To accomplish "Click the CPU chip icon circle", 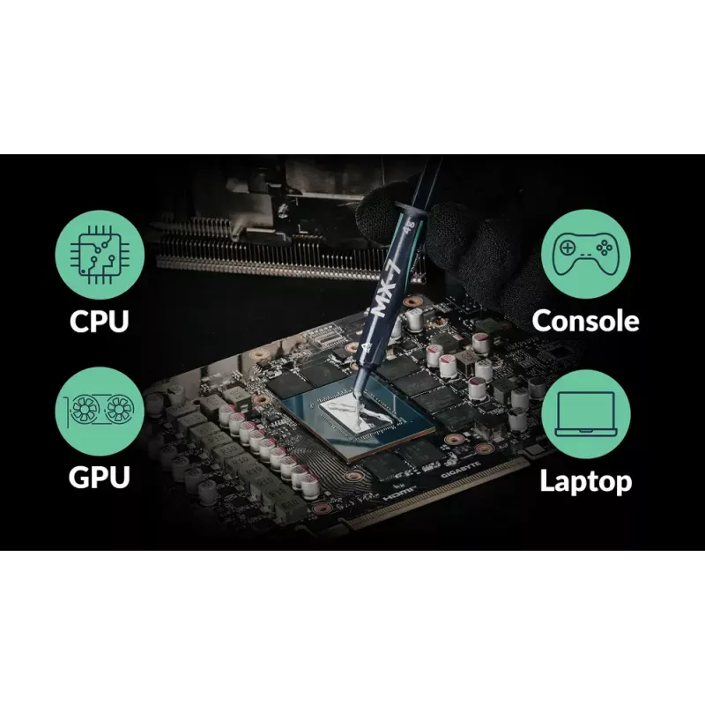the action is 100,255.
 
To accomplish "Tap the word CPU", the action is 100,321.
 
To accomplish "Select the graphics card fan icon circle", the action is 100,411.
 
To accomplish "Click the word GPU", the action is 100,477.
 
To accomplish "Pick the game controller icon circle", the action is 586,254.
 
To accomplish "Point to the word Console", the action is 585,321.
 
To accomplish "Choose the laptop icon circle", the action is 586,414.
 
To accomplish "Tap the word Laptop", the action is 586,481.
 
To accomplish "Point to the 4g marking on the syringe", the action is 409,226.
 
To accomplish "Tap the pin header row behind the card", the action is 288,252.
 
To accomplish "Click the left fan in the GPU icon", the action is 84,409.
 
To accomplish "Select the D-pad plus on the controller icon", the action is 568,248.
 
